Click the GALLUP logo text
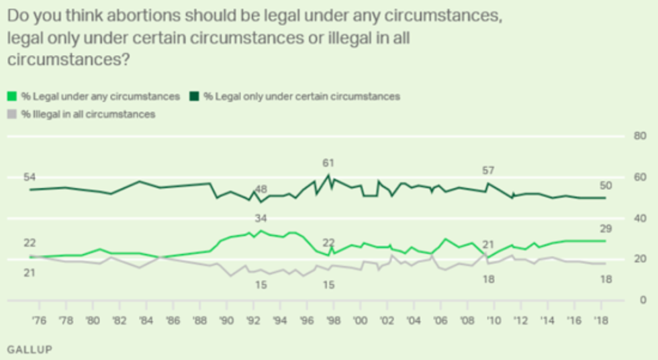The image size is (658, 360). [x=29, y=349]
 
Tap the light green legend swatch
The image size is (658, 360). [x=11, y=97]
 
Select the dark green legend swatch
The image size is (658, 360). [x=198, y=97]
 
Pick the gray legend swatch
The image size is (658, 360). [x=11, y=114]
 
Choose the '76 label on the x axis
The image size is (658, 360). [x=39, y=320]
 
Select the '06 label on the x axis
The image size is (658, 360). [x=441, y=320]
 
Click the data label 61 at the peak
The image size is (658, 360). [x=328, y=163]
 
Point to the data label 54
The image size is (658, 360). [x=29, y=177]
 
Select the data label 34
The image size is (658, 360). [x=261, y=219]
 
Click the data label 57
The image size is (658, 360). [x=488, y=171]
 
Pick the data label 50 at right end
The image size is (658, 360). [x=606, y=185]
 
